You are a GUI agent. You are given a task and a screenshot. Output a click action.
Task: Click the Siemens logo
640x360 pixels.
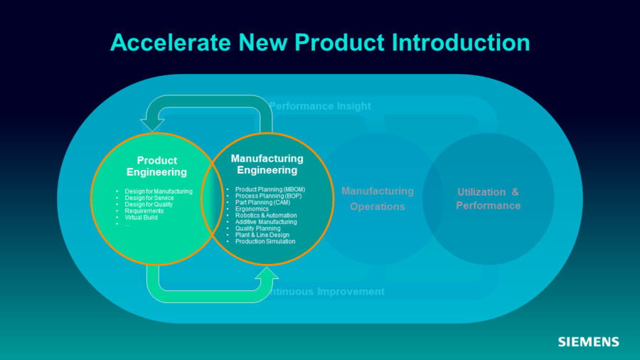588,342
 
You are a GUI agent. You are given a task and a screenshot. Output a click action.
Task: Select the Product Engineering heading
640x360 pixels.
156,166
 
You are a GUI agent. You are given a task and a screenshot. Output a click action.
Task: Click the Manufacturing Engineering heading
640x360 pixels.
267,164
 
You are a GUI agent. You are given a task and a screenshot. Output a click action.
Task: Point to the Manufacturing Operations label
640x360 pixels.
377,198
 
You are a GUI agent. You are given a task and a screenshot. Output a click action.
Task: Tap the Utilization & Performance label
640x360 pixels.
488,198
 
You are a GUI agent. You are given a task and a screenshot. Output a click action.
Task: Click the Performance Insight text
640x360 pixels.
320,106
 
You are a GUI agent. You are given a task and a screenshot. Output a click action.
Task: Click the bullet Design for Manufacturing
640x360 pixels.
159,191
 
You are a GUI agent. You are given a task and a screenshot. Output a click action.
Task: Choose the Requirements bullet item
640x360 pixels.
144,211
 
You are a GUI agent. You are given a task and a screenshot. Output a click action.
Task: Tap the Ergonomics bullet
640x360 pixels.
252,209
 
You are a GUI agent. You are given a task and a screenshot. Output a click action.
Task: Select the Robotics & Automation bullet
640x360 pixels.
266,216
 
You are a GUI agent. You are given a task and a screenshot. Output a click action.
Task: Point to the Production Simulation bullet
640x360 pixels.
265,242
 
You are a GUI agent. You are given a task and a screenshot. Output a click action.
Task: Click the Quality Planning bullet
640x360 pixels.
257,228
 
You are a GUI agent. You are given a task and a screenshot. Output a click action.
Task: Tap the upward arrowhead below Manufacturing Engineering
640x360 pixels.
267,274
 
